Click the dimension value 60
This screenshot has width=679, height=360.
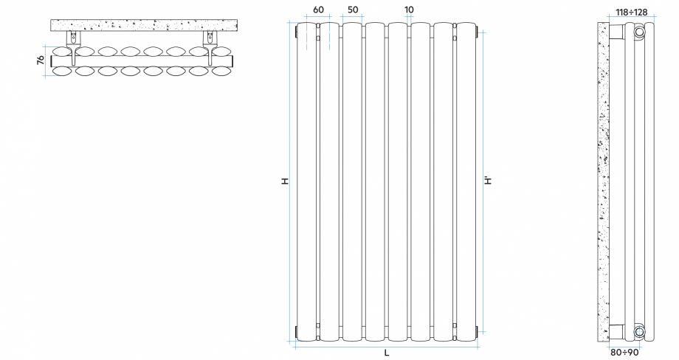(318, 10)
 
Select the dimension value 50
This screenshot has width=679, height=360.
(353, 10)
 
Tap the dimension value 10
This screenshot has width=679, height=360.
(410, 10)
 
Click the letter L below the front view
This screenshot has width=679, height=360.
(386, 353)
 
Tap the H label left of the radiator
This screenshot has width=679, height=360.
(284, 181)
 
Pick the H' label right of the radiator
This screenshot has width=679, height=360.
(488, 181)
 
